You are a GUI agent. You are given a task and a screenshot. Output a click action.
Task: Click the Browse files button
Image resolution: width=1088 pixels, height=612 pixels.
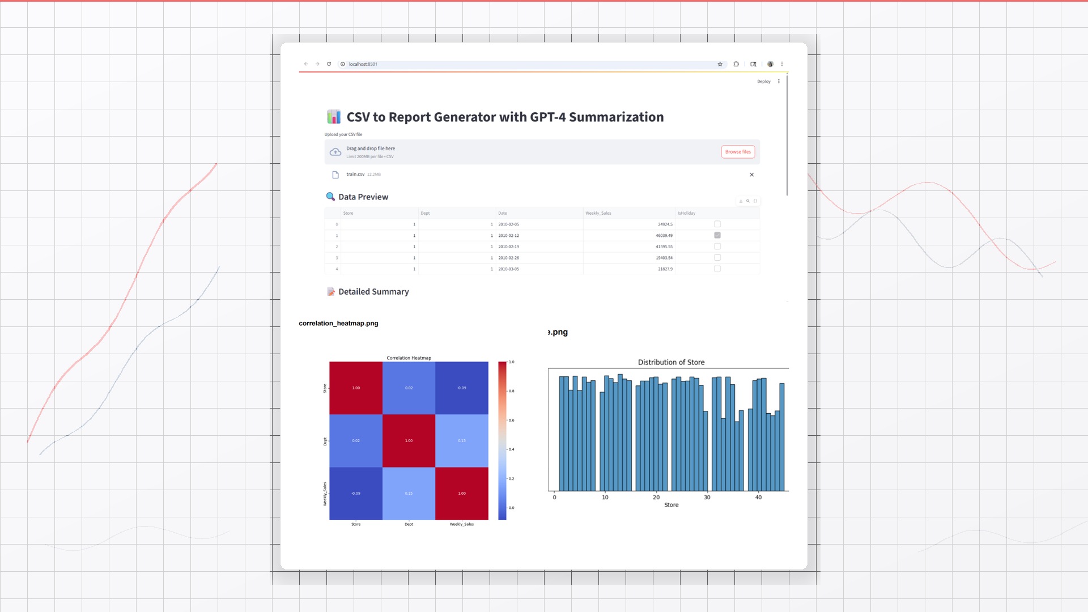(738, 152)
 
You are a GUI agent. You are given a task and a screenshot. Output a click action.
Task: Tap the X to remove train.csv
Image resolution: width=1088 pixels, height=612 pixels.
(752, 175)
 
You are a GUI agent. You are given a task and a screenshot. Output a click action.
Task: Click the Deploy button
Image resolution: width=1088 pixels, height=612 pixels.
(764, 82)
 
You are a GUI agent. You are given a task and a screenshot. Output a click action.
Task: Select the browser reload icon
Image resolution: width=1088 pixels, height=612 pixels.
(329, 64)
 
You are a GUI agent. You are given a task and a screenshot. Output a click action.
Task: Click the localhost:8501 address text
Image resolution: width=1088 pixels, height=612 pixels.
(363, 64)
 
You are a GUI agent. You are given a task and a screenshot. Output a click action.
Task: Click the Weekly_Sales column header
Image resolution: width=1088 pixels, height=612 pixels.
(598, 213)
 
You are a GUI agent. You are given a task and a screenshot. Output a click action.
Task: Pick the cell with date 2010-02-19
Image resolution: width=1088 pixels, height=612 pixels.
(508, 246)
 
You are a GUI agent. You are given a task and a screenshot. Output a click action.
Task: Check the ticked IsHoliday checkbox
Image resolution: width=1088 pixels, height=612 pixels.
(717, 235)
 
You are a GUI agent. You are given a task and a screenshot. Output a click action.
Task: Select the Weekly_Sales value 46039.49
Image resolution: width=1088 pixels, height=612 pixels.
(664, 235)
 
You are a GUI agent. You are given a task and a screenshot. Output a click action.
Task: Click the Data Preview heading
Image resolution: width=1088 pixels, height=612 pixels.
(363, 197)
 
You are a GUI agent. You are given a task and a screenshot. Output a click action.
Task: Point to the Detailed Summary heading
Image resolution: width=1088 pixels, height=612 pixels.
(373, 291)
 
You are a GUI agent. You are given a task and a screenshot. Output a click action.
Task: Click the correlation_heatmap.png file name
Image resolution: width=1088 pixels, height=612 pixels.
(338, 324)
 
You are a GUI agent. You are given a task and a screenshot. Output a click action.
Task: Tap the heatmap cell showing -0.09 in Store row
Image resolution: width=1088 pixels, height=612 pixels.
(462, 388)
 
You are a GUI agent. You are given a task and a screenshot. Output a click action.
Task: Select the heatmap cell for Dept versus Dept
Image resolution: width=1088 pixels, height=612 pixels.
(409, 441)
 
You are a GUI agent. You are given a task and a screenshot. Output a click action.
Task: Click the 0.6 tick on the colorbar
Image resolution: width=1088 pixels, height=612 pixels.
(511, 420)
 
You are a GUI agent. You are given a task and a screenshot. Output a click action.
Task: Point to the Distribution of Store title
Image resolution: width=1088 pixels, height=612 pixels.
(671, 362)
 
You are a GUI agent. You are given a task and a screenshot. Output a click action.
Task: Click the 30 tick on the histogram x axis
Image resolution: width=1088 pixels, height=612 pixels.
(707, 498)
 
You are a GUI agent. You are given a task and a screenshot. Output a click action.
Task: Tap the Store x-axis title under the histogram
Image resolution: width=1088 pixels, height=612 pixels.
(671, 505)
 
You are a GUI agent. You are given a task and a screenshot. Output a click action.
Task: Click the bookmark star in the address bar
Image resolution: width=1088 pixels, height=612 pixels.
(720, 64)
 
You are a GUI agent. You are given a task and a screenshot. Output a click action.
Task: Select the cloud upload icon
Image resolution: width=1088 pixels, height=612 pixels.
(335, 152)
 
